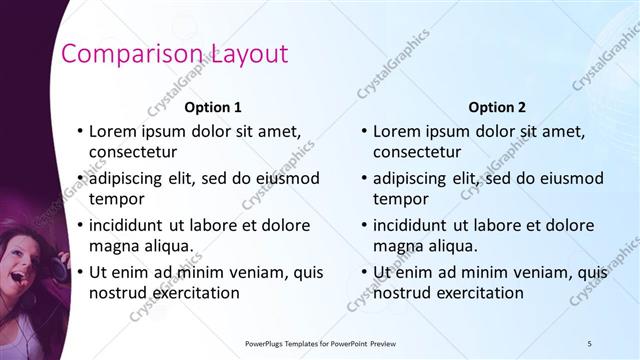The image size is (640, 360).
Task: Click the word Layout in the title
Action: pos(244,54)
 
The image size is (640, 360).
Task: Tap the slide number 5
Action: pos(589,343)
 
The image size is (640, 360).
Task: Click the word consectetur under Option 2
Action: pos(417,153)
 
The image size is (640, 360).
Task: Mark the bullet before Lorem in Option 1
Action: pos(80,131)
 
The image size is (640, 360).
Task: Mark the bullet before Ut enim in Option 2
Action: pos(364,272)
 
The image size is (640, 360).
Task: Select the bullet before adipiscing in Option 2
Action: pos(364,178)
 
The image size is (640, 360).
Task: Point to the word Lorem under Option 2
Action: pos(398,131)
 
